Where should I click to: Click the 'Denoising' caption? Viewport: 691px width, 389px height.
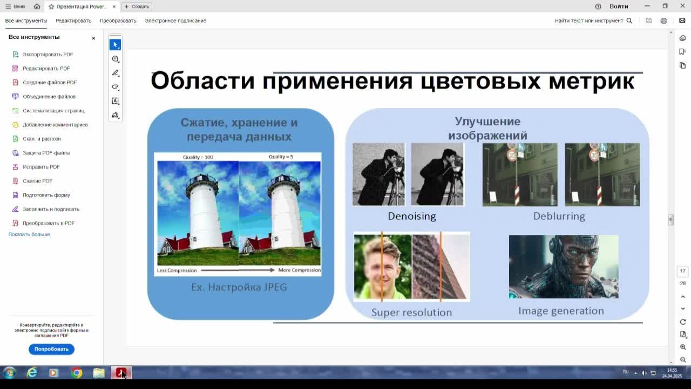[x=411, y=216]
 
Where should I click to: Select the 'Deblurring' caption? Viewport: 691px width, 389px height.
[x=559, y=216]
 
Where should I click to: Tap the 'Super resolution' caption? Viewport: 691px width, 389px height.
[x=411, y=312]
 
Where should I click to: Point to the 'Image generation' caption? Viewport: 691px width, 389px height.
[x=561, y=311]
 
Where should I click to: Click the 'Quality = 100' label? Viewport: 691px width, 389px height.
[x=198, y=157]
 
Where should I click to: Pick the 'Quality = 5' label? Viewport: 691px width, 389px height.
[x=281, y=157]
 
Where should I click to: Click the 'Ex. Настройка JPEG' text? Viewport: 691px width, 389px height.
[x=239, y=287]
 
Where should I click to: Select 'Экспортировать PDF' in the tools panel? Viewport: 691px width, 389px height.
[x=48, y=55]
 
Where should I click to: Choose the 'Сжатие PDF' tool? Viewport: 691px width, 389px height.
[x=37, y=181]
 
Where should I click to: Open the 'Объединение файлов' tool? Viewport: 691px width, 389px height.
[x=49, y=97]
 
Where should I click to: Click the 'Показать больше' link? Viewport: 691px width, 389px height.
[x=29, y=234]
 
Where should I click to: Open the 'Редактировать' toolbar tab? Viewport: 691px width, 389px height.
[x=73, y=21]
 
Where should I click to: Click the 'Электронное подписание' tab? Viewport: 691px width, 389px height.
[x=175, y=21]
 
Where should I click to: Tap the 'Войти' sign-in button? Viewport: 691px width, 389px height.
[x=619, y=6]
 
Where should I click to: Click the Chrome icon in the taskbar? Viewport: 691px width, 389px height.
[x=77, y=373]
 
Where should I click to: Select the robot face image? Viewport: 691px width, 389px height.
[x=564, y=266]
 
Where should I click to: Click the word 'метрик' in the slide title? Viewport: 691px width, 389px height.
[x=591, y=81]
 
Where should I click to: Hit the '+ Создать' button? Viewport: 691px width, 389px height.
[x=137, y=6]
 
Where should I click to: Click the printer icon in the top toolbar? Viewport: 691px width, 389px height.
[x=663, y=21]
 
